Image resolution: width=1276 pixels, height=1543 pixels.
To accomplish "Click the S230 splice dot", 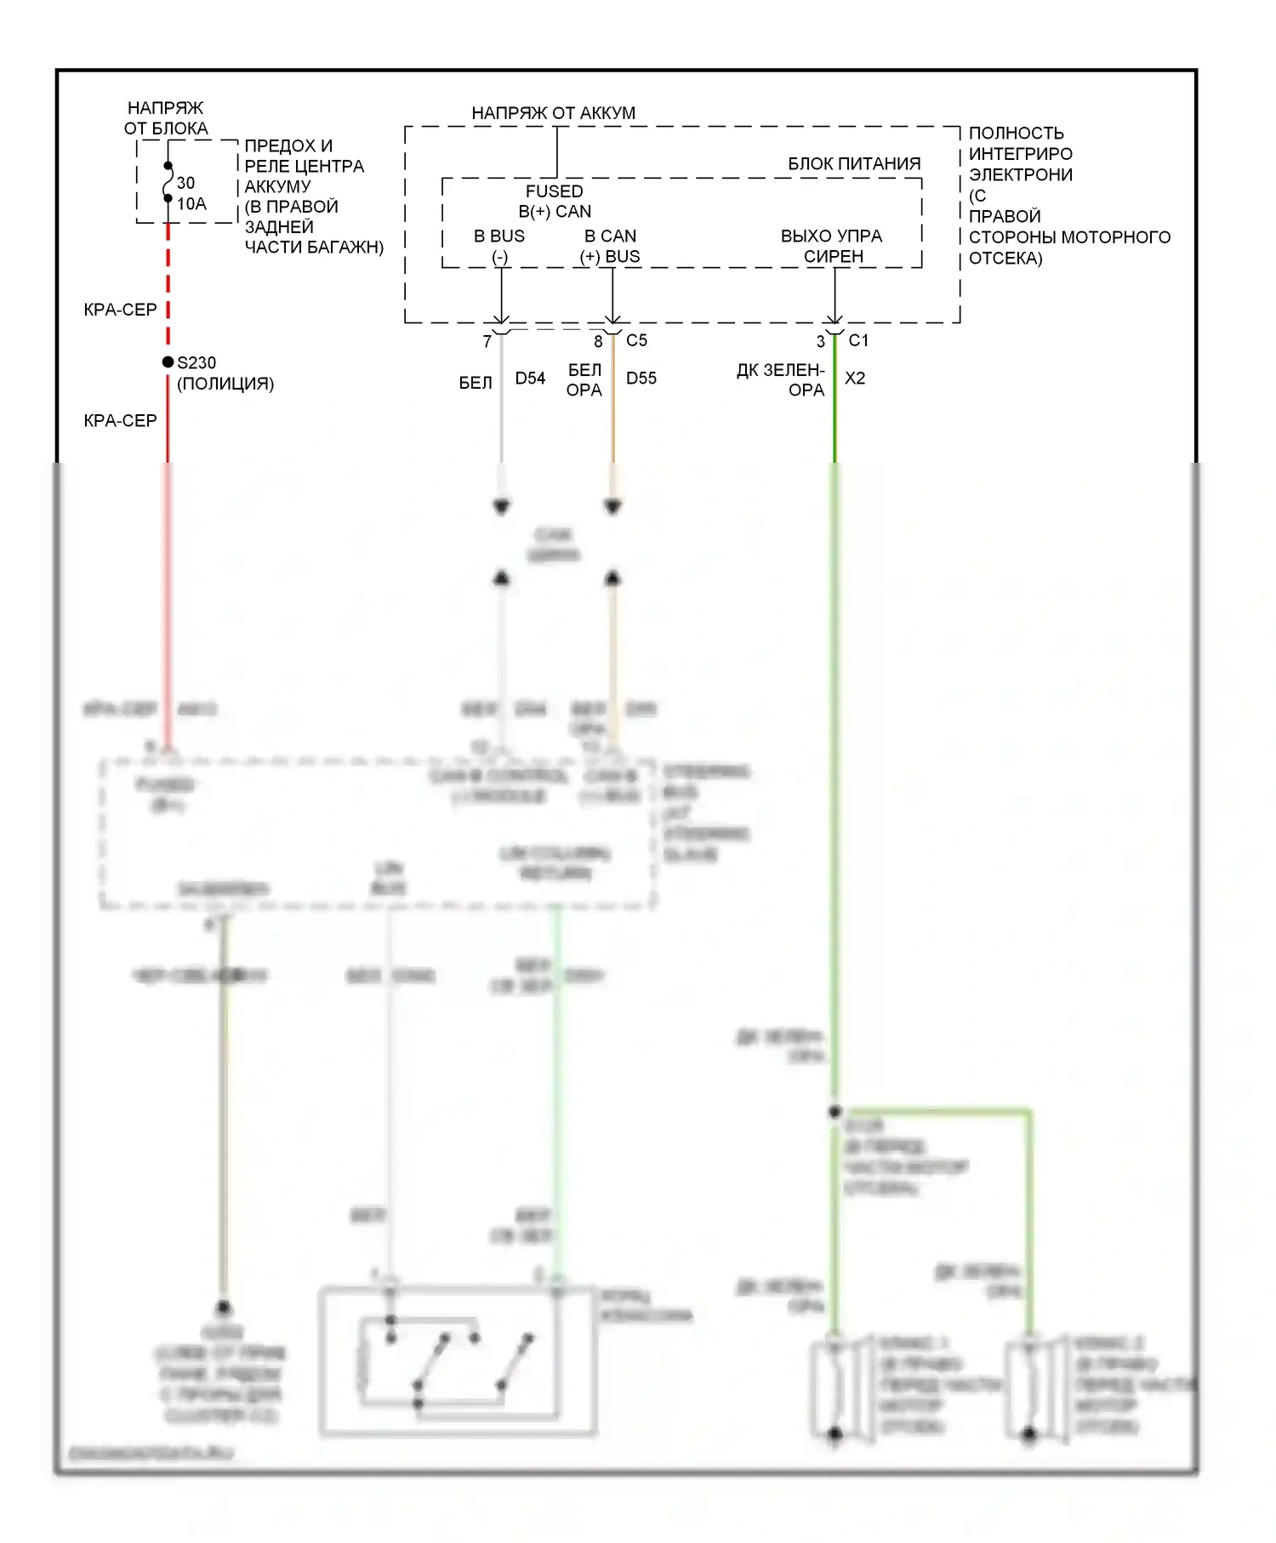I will (x=168, y=362).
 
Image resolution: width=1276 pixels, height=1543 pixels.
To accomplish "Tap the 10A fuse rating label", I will (x=191, y=204).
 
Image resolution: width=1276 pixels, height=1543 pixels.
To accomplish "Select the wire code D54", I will (x=530, y=379).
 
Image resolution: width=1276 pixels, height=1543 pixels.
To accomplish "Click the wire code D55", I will (x=641, y=379).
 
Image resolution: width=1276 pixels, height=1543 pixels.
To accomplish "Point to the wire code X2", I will (x=855, y=379).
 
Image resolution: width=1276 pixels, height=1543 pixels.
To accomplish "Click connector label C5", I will (x=636, y=341).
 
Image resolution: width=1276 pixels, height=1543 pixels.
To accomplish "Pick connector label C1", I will (x=858, y=341).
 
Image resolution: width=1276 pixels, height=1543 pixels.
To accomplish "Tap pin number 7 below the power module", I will (x=487, y=342).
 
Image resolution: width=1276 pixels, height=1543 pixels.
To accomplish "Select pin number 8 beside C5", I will (x=598, y=342).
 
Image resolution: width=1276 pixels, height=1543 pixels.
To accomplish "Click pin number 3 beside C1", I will (x=820, y=342).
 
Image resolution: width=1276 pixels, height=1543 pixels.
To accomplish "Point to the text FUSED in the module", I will (x=554, y=191).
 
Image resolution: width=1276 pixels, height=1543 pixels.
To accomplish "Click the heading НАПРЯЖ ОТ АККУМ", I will (x=553, y=113).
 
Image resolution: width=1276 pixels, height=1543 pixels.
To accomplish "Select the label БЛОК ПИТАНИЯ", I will (x=854, y=164).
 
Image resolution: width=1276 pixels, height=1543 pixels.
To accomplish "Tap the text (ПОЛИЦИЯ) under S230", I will (x=225, y=384).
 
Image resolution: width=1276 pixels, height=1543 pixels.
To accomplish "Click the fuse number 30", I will (x=185, y=183).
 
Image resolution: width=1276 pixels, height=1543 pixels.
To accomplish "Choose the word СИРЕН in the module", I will (x=833, y=257).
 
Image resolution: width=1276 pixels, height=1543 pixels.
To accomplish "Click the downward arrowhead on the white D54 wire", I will (x=502, y=508).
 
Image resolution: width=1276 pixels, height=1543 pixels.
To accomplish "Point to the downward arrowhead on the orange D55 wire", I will (x=612, y=508).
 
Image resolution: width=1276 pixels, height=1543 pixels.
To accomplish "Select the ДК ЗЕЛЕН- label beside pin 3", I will (x=780, y=371).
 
